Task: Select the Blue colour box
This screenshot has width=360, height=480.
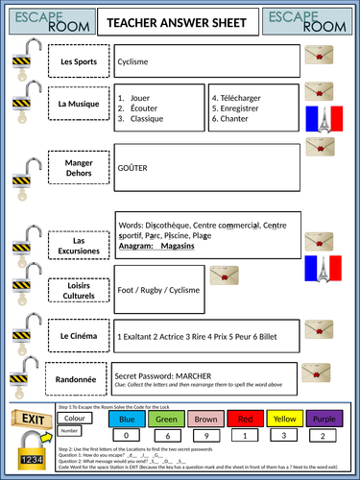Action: coord(127,419)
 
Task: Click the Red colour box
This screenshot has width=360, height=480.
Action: coord(246,419)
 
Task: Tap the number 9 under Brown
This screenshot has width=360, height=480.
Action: coord(206,435)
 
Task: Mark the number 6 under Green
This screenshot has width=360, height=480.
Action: coord(166,435)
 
